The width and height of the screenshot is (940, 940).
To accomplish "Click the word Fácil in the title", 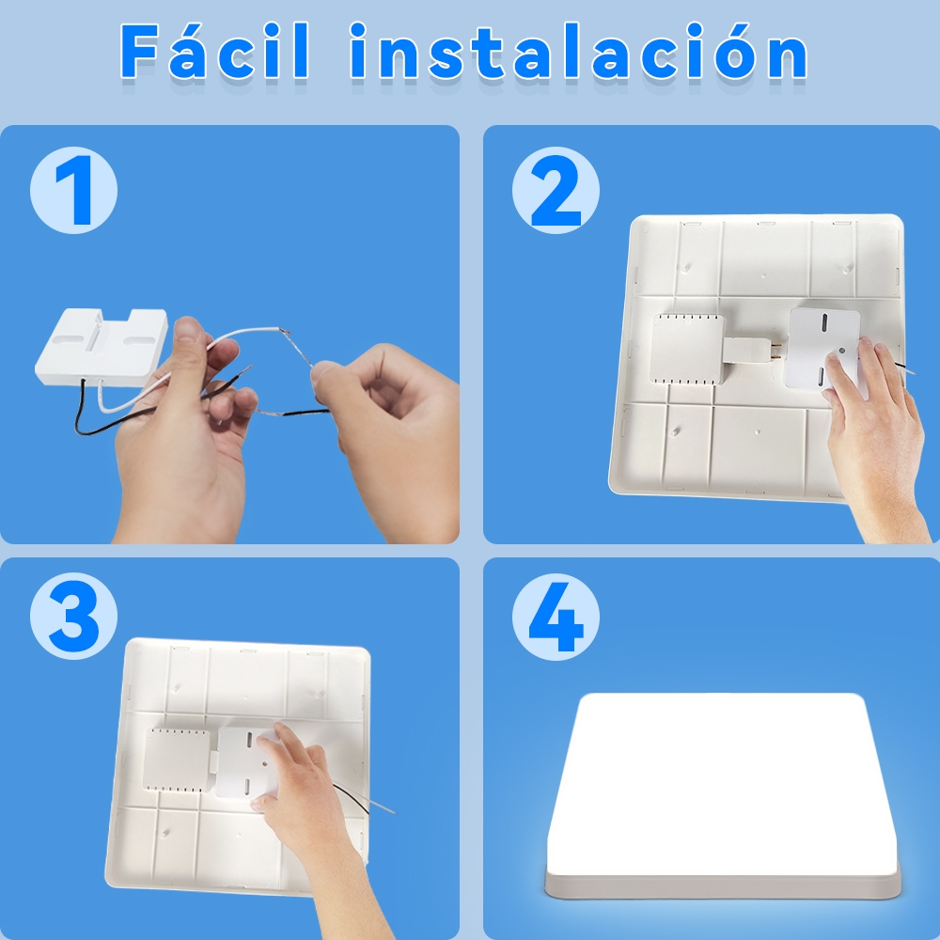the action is click(x=215, y=51).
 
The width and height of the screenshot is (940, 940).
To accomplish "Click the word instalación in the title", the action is click(x=578, y=51).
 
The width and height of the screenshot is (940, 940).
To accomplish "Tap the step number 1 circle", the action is click(x=73, y=190).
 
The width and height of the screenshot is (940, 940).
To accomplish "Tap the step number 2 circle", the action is click(x=556, y=190).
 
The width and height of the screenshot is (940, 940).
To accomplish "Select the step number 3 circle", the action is click(x=73, y=616).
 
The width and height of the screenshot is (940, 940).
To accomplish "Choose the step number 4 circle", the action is click(x=556, y=617).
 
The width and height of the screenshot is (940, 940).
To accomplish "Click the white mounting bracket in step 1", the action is click(x=101, y=347).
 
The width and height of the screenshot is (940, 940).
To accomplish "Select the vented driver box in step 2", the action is click(x=688, y=349).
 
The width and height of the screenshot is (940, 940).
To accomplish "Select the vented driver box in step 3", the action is click(x=177, y=760).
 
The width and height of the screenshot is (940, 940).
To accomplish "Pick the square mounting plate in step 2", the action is click(x=822, y=348).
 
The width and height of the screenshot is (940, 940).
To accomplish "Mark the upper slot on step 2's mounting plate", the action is click(x=824, y=321).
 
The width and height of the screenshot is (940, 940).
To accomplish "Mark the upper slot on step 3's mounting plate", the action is click(x=249, y=739).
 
